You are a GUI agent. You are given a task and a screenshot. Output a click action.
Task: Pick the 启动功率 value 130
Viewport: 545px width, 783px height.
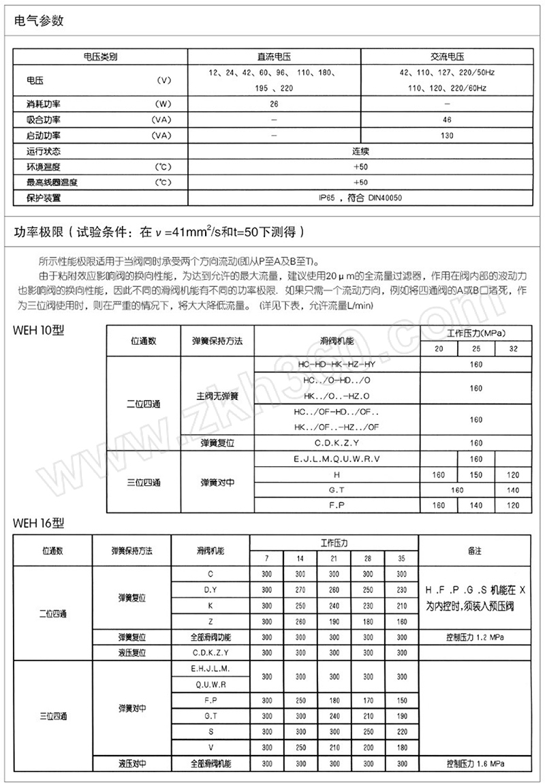coord(447,135)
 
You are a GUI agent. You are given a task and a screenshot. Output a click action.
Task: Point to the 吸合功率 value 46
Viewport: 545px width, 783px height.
coord(447,120)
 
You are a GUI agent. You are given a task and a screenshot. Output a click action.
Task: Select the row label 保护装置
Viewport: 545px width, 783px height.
coord(44,198)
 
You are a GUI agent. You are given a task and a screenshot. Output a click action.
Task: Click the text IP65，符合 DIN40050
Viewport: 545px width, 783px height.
coord(361,198)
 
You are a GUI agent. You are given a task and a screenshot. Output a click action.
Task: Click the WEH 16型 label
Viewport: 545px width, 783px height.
coord(40,523)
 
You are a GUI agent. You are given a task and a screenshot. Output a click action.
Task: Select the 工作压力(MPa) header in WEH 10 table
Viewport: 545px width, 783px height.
coord(476,333)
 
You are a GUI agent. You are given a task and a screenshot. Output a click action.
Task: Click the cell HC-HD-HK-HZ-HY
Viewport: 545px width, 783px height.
coord(337,365)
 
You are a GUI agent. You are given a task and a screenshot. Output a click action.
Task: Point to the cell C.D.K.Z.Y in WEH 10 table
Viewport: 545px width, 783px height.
coord(337,443)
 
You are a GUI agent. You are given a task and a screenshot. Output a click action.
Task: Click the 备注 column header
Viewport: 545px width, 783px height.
coord(474,549)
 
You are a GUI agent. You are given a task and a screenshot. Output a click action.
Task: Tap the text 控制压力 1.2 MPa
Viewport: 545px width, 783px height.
coord(474,637)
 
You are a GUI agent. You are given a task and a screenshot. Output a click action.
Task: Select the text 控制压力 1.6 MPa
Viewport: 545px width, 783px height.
coord(474,764)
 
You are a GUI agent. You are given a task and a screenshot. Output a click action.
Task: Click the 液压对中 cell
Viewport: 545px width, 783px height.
coord(133,764)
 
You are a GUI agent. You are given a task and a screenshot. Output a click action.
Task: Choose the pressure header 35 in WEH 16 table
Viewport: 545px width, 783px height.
coord(401,558)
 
